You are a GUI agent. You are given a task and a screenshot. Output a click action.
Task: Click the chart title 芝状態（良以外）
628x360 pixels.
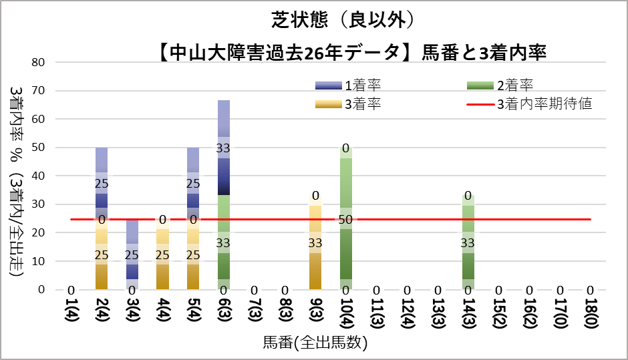click(347, 21)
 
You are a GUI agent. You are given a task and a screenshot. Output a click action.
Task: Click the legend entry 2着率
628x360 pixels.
click(514, 85)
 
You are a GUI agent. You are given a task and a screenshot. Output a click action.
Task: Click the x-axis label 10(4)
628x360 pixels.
click(346, 312)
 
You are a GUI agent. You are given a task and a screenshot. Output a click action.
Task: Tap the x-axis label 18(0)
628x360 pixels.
click(591, 312)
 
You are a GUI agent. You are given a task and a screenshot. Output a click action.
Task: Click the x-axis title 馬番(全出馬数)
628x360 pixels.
click(315, 343)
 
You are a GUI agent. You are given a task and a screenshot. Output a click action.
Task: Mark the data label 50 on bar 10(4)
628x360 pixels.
click(346, 220)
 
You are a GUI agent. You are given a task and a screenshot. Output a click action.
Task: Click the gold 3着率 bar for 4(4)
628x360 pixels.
click(163, 254)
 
